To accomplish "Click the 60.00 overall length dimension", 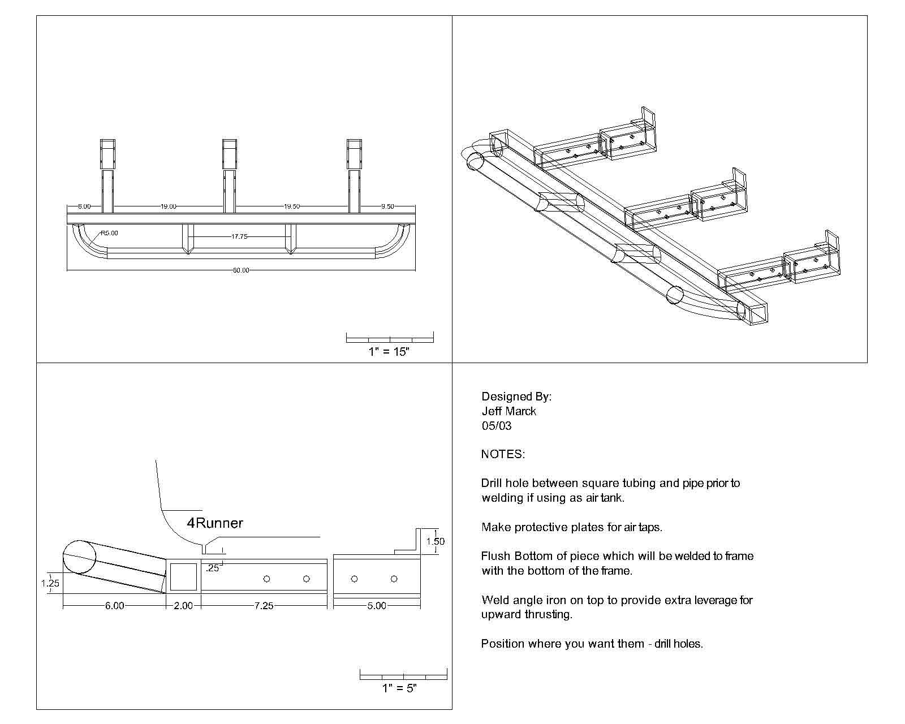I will coord(240,270).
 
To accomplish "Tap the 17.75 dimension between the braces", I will coord(239,236).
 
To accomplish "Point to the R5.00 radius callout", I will coord(109,233).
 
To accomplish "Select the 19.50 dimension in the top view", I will coord(292,206).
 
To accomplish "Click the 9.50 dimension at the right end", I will coord(387,206).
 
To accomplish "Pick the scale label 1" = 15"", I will coord(389,352).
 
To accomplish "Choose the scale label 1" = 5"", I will coord(399,688).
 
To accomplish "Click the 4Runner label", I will coord(215,523).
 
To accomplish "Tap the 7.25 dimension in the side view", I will coord(264,606).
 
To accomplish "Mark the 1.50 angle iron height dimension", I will coord(436,541).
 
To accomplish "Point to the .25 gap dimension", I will coord(212,568).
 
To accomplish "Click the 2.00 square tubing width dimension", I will coord(183,606).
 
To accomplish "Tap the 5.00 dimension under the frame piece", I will coord(377,606).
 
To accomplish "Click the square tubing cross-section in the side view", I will coord(183,577).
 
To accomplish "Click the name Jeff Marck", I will coord(508,411).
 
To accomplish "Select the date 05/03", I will coord(497,426).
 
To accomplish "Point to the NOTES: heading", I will coord(503,454).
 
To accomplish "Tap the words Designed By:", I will coord(516,397).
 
